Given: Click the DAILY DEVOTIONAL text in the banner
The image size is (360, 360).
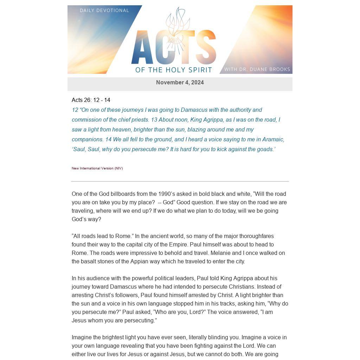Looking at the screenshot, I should pos(104,11).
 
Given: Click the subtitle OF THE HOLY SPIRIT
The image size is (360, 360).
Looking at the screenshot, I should pos(174,70).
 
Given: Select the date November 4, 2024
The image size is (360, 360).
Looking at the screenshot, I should pos(180,83).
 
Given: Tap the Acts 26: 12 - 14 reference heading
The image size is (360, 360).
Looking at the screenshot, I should pos(91,100).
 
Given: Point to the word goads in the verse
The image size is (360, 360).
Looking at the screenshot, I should pos(265,149).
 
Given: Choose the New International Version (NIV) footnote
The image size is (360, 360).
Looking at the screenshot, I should pos(97,168).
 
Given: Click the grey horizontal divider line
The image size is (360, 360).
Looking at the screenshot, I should pos(180,181).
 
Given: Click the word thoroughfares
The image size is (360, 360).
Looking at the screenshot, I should pos(256,236).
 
